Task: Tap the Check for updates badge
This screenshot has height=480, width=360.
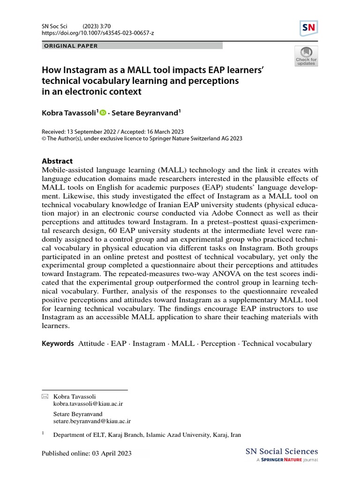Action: (x=306, y=56)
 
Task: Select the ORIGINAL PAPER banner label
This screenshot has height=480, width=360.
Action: (x=70, y=46)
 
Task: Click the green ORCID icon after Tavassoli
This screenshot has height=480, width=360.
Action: (x=103, y=112)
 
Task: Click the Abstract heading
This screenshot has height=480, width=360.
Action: (x=57, y=161)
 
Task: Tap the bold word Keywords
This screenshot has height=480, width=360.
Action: (x=58, y=344)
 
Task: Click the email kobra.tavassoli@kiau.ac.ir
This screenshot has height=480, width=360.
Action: (x=89, y=403)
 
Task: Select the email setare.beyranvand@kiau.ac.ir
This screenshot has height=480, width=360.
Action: (x=92, y=422)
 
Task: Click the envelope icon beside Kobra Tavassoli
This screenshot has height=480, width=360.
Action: (x=45, y=397)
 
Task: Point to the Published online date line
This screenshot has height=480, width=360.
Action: (x=87, y=453)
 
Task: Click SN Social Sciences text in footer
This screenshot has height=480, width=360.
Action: (x=282, y=452)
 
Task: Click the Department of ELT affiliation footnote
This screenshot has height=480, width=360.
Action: (x=147, y=435)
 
